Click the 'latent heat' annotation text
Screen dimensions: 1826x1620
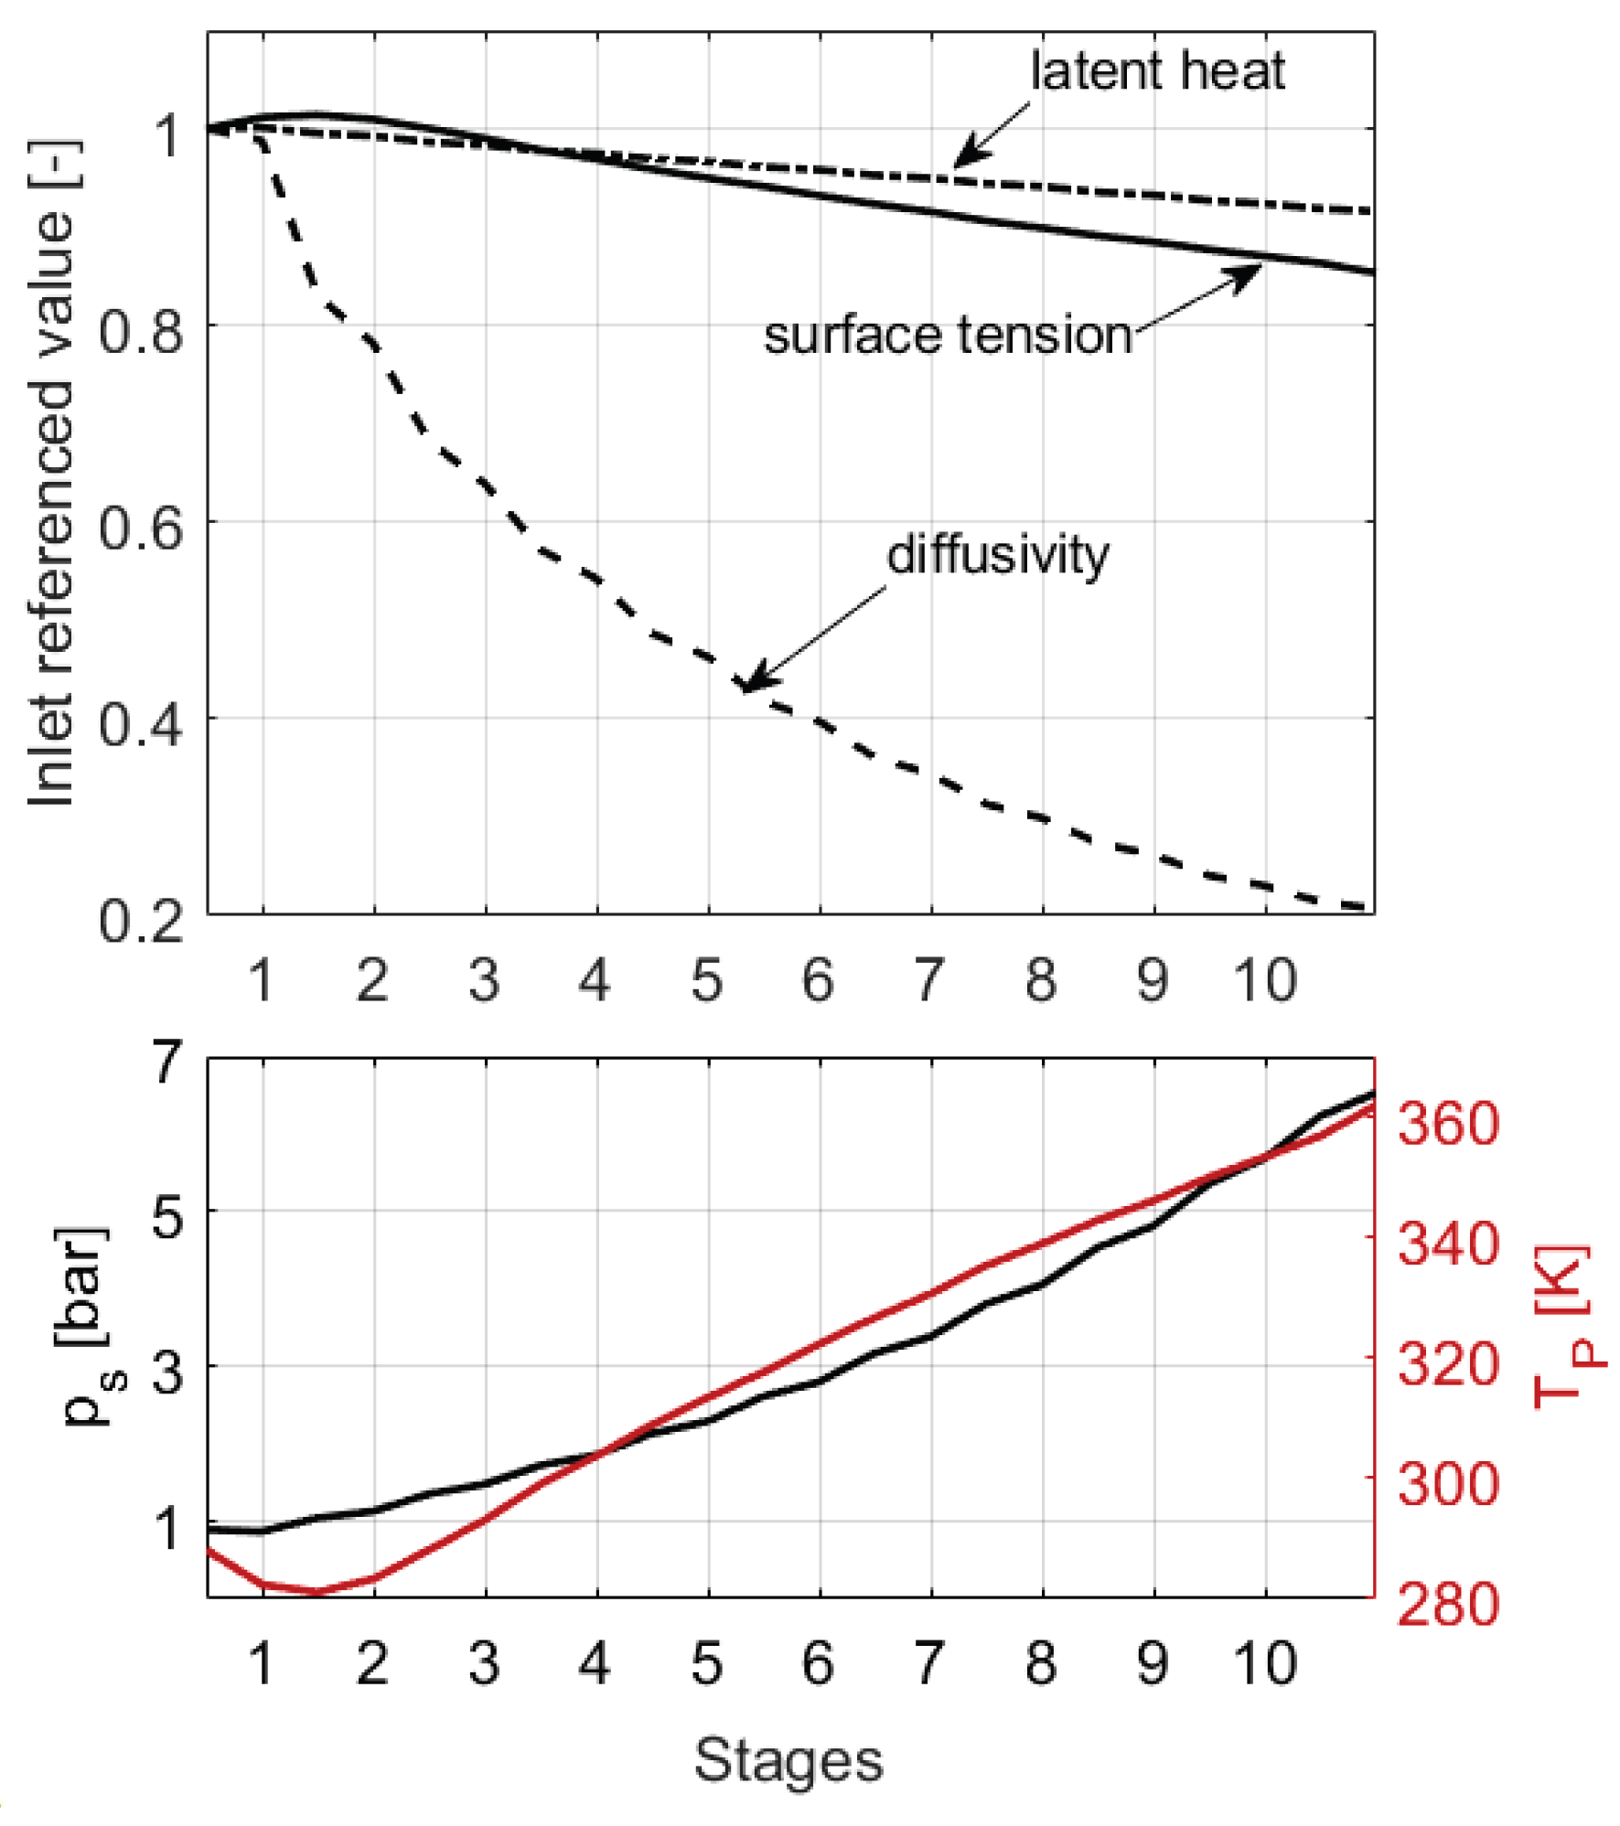point(1156,71)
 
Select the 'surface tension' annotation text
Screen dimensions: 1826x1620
point(948,335)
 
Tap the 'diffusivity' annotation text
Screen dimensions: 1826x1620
point(997,554)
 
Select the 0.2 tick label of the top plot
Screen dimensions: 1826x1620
point(141,920)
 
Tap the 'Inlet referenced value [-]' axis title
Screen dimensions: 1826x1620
point(51,474)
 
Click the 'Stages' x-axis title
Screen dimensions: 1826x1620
point(789,1759)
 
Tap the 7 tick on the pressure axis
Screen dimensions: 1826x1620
point(168,1062)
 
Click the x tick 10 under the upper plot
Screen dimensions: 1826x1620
point(1264,980)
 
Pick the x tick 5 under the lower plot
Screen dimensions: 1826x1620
point(707,1662)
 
